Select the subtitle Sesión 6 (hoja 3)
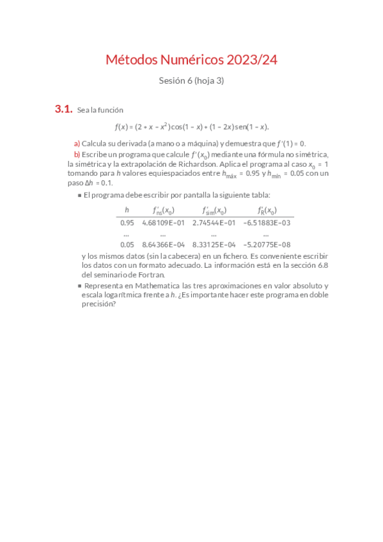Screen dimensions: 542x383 191,81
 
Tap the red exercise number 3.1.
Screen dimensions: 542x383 63,110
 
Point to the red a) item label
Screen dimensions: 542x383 77,144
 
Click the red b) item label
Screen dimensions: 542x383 77,155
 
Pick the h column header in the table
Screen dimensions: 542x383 127,210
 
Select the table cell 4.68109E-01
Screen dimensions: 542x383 163,222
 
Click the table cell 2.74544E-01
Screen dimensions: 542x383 214,222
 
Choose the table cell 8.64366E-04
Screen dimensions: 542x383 163,244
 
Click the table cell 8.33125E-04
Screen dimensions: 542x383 214,244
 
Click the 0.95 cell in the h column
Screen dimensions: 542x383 127,222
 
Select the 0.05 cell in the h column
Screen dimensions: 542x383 127,244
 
